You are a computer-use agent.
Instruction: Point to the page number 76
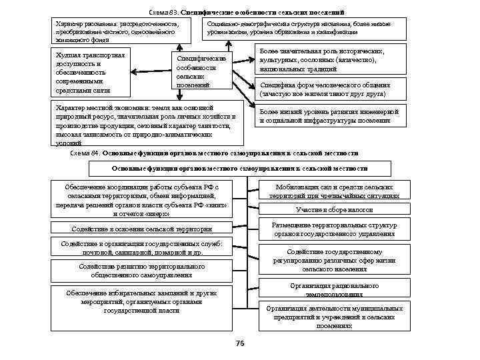point(241,343)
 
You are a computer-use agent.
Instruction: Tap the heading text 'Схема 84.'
point(85,153)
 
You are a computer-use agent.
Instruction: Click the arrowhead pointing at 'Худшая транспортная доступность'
point(134,71)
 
